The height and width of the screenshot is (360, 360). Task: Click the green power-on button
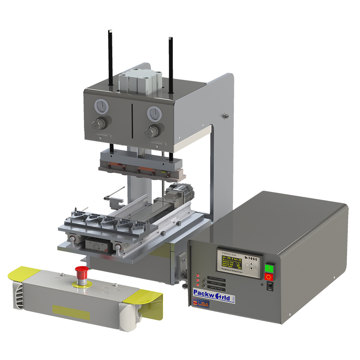click(x=269, y=268)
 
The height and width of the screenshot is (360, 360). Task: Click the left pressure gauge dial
click(x=102, y=106)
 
